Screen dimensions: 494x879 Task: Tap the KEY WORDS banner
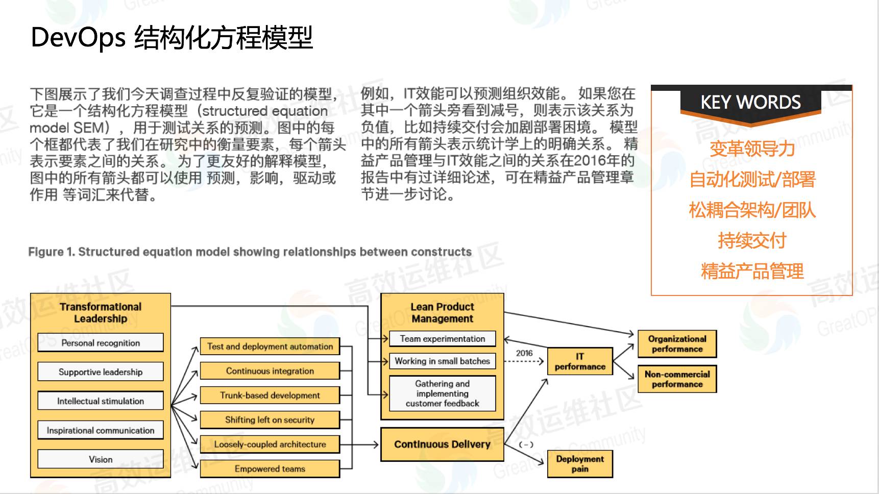point(750,103)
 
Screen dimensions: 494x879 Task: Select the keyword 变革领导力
point(752,149)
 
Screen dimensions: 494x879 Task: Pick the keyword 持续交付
point(752,240)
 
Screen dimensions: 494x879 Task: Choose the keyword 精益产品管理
point(752,271)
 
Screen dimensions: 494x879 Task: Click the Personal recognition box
point(101,343)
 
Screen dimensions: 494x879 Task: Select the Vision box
point(101,459)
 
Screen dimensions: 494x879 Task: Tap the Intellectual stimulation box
point(101,401)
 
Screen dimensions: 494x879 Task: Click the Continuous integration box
point(270,371)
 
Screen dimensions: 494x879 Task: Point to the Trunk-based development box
point(270,396)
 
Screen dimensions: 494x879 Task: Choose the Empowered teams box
point(270,469)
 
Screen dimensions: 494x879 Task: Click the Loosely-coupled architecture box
point(270,444)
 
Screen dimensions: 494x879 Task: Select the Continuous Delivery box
point(442,444)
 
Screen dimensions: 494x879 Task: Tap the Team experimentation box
point(442,339)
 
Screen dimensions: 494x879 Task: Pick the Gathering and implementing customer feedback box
point(442,393)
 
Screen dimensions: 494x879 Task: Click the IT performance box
point(580,361)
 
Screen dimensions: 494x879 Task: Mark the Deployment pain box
point(580,464)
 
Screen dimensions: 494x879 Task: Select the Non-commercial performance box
point(677,379)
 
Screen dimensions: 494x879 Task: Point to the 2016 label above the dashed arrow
point(524,353)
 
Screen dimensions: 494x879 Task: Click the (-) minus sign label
point(526,444)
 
